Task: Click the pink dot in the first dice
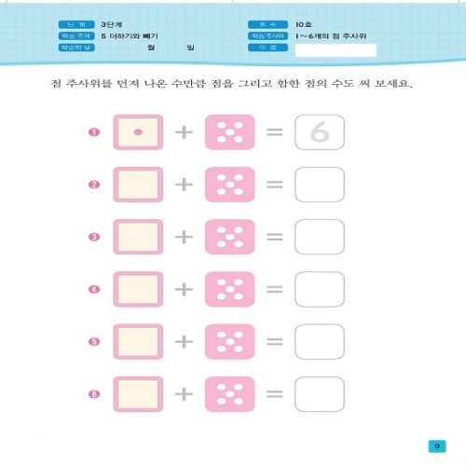138,133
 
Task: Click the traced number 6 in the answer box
319,133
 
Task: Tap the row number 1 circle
93,133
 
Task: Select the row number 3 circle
93,238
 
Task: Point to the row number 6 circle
93,394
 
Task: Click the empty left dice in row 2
138,185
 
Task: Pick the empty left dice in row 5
138,342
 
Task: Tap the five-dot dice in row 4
228,290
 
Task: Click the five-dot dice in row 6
228,394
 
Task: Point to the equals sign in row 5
274,342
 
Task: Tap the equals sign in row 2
274,185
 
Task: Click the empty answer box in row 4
319,290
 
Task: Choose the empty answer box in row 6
319,394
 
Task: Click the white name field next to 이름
328,49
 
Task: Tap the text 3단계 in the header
113,24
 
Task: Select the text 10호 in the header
304,24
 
